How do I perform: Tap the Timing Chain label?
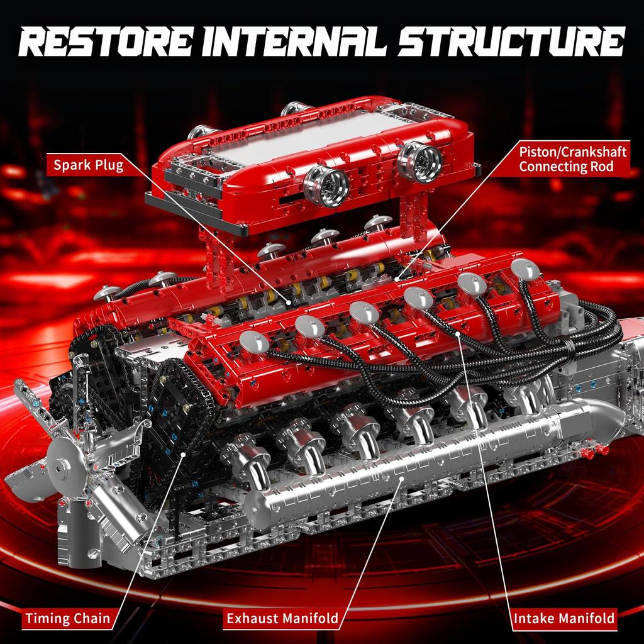click(x=67, y=618)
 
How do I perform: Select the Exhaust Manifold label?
click(x=282, y=618)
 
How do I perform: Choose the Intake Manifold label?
click(x=564, y=618)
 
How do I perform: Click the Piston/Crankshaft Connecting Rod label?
click(x=572, y=159)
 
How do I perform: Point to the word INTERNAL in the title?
click(x=298, y=42)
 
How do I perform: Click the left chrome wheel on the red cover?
click(x=326, y=186)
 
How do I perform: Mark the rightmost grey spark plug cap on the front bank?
click(x=525, y=269)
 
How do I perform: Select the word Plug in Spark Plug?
click(x=106, y=165)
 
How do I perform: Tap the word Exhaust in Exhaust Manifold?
click(x=253, y=618)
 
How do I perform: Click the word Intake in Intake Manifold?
click(x=535, y=618)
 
